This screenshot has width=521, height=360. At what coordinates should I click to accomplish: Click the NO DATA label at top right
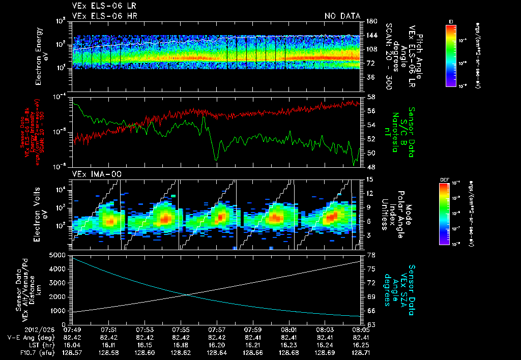[x=342, y=16]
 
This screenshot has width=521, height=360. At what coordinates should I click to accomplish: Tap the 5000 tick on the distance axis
[x=58, y=254]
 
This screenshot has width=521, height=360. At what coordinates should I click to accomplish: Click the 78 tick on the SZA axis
[x=371, y=254]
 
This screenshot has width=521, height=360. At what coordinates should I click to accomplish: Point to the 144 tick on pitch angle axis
[x=372, y=36]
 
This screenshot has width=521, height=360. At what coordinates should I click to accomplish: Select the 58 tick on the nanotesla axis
[x=371, y=97]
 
